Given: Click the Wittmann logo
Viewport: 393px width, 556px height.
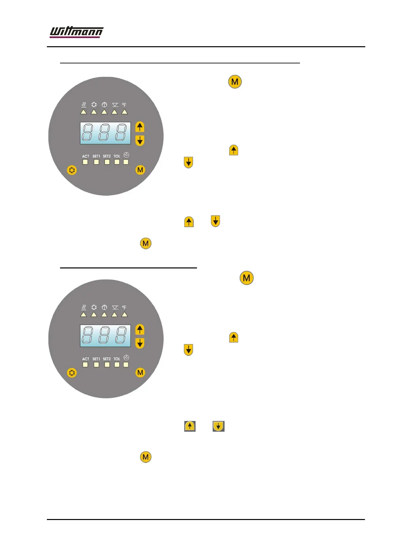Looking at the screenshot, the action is pos(76,32).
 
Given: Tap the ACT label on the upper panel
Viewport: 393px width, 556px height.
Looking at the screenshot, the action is pos(86,156).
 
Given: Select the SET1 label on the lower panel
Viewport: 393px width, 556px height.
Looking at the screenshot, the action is pos(96,359).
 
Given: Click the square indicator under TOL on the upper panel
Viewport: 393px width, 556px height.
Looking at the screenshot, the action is pos(117,162).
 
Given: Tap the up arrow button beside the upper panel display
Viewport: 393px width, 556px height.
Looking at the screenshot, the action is pos(140,127).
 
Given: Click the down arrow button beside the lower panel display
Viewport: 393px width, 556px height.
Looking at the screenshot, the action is pos(140,343).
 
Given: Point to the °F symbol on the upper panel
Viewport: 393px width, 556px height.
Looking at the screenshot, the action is pos(124,105).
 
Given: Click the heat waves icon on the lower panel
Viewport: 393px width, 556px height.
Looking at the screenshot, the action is pos(84,307).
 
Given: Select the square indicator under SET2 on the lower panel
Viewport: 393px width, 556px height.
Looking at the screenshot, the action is pos(107,365).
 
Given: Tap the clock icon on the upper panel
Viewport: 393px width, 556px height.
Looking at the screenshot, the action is pos(126,155).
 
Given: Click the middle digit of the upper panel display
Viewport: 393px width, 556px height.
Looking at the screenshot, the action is pos(105,133).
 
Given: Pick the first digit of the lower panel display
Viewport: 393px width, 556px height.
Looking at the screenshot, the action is pos(88,335).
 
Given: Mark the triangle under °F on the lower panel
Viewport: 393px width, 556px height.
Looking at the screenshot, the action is pos(124,315).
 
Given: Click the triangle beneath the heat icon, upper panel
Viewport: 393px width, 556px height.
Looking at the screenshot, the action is pos(84,112).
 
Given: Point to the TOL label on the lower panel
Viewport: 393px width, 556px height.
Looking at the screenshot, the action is pos(117,359).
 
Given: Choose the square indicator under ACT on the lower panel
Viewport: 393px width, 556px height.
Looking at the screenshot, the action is pos(85,365).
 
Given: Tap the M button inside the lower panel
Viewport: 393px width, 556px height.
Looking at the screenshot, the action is pos(140,372).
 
